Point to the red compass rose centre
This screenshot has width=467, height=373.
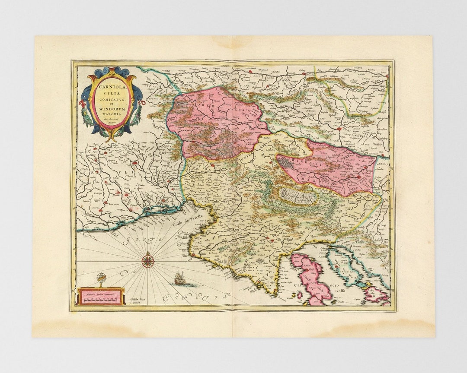(148, 260)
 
